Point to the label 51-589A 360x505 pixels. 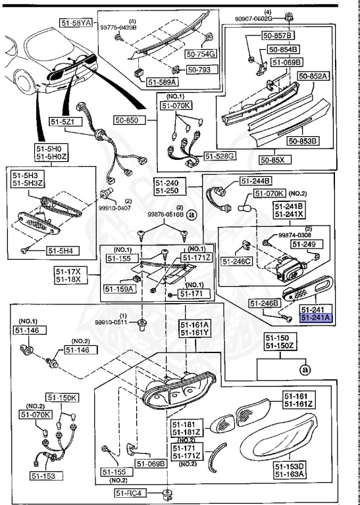(x=162, y=82)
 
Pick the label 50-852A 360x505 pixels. (x=312, y=76)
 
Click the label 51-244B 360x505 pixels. (x=256, y=181)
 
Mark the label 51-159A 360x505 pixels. (x=119, y=288)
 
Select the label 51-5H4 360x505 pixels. (x=61, y=251)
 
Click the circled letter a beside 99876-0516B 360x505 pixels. (x=192, y=214)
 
